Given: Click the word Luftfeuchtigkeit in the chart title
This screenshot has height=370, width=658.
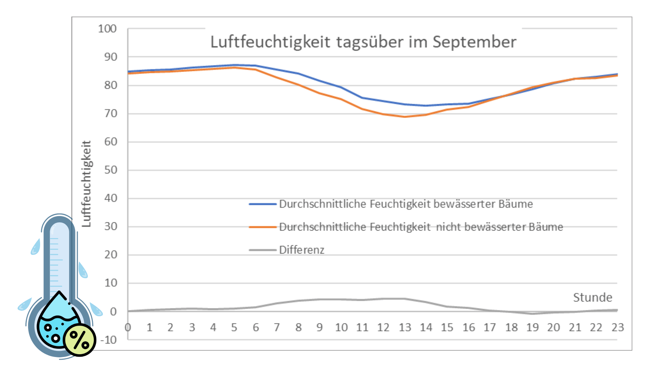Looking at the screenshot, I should pyautogui.click(x=270, y=42).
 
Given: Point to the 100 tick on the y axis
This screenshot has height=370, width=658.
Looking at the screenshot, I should pyautogui.click(x=107, y=29).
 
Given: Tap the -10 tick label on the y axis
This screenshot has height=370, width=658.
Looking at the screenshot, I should pyautogui.click(x=109, y=340).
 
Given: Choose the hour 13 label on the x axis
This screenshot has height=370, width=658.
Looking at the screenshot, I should pyautogui.click(x=405, y=328).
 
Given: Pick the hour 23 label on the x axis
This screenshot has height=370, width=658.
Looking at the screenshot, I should pyautogui.click(x=618, y=328).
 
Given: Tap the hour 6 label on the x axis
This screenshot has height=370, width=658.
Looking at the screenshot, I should pyautogui.click(x=256, y=328).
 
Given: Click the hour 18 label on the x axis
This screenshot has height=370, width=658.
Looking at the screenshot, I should pyautogui.click(x=511, y=328).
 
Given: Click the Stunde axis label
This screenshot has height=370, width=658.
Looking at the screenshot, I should pyautogui.click(x=593, y=297).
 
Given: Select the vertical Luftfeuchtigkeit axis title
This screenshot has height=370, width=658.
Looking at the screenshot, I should pyautogui.click(x=86, y=184).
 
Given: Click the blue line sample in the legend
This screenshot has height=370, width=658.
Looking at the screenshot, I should pyautogui.click(x=263, y=204).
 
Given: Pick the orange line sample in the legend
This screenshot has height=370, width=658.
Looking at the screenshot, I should pyautogui.click(x=263, y=227).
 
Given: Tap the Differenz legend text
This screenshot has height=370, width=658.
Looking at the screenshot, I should pyautogui.click(x=302, y=250).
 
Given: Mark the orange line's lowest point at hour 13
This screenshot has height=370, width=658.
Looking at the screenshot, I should pyautogui.click(x=405, y=117).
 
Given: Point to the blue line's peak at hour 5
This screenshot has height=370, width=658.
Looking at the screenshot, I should pyautogui.click(x=234, y=65).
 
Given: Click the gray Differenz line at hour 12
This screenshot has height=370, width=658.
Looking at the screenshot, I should pyautogui.click(x=383, y=299).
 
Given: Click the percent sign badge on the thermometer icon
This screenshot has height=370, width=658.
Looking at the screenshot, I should pyautogui.click(x=80, y=340).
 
